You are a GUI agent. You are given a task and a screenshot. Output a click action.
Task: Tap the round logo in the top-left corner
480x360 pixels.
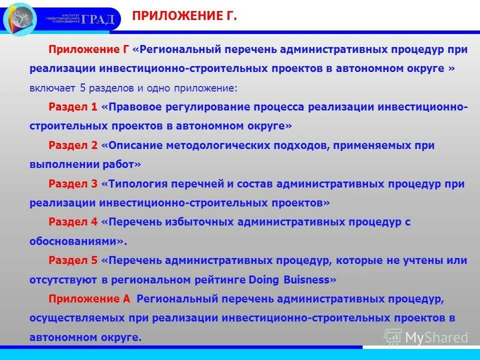(20, 19)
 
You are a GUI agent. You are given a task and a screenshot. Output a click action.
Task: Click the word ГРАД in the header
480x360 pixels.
(98, 19)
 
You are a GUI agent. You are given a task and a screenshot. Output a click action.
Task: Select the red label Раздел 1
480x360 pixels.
(73, 107)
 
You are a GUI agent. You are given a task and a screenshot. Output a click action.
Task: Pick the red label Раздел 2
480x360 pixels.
(73, 145)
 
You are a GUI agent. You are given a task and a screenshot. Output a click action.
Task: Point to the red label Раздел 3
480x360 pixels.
(73, 183)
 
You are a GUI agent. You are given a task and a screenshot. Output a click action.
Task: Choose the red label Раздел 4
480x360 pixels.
(73, 222)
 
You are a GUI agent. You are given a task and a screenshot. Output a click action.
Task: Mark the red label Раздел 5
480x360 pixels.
(73, 260)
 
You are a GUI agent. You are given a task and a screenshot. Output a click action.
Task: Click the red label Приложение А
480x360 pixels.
(89, 299)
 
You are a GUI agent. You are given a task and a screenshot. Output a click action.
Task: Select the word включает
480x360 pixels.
(53, 88)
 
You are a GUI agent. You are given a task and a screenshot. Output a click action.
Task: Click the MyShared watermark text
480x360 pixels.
(436, 337)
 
